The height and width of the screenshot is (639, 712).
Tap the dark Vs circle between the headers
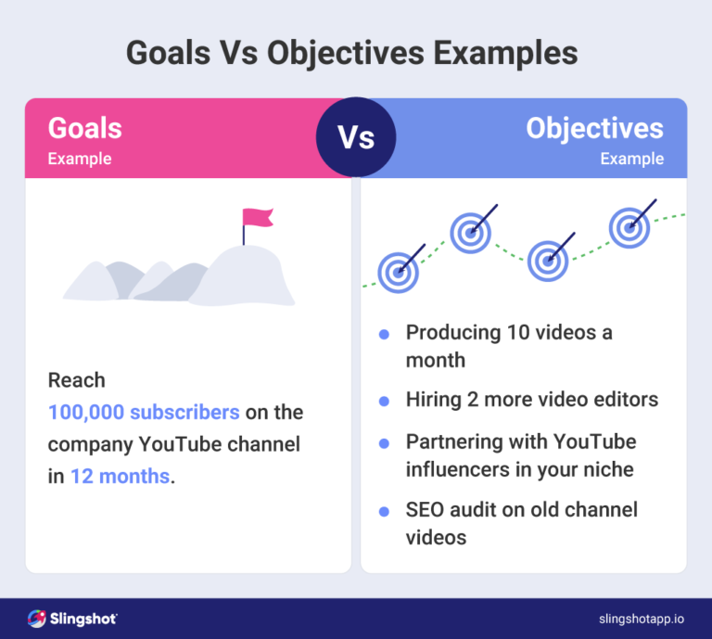pos(356,138)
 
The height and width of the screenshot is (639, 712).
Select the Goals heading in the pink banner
pos(84,127)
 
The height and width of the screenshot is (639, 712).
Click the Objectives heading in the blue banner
pos(594,127)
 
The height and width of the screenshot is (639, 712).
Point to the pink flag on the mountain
pos(257,218)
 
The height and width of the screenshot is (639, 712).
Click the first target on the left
pos(399,272)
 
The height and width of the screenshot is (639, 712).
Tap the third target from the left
pos(548,261)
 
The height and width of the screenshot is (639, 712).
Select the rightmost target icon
pos(629,225)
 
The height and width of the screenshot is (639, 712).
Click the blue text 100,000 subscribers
pos(144,412)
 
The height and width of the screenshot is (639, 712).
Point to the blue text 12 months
pos(121,477)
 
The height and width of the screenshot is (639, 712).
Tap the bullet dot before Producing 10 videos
pos(384,333)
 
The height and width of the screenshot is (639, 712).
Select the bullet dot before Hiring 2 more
pos(384,401)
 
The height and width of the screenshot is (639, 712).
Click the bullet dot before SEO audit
pos(384,510)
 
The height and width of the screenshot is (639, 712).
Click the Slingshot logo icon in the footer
pos(36,618)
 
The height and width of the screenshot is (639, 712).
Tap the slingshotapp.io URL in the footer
pos(641,618)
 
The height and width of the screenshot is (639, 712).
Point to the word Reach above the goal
pos(77,380)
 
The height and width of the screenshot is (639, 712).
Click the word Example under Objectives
pos(631,159)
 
